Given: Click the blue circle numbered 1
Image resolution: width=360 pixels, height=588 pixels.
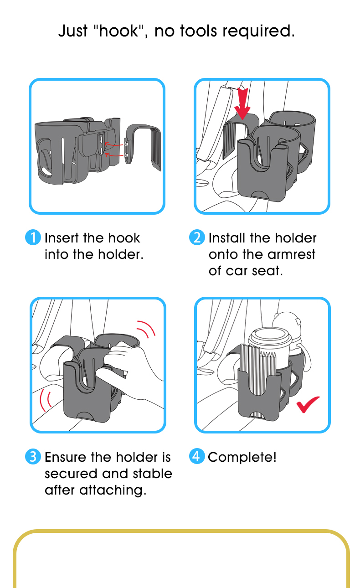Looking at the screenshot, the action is (x=33, y=237).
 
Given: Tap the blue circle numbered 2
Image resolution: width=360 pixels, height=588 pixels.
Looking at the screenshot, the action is (x=197, y=237).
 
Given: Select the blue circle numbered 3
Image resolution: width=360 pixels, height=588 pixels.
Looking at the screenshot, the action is (x=33, y=456).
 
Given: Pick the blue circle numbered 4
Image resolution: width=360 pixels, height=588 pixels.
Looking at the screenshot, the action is (x=197, y=456).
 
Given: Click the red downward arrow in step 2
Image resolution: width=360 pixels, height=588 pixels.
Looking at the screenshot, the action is (x=242, y=104).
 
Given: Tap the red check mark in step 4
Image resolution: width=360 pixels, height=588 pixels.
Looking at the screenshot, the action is (x=308, y=404).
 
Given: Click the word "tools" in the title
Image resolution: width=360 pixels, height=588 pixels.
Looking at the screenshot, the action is (x=199, y=31).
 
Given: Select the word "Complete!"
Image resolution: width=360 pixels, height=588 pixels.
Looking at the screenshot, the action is (x=242, y=457).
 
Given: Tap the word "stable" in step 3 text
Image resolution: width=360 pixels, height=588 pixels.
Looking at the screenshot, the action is (x=153, y=474).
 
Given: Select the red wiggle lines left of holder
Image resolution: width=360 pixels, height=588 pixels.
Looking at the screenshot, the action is (x=46, y=400).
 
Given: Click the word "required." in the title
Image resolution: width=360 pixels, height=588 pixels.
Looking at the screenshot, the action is (x=259, y=31).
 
